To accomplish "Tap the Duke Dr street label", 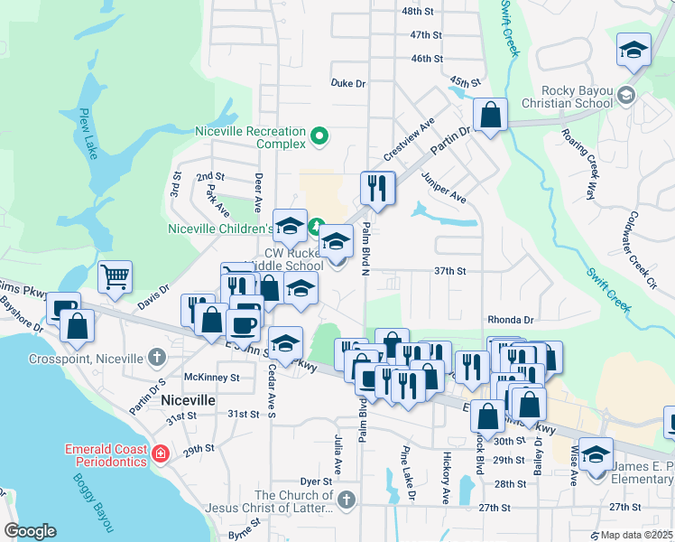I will tap(347, 83).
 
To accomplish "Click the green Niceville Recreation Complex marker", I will tap(318, 137).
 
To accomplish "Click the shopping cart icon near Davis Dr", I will tap(116, 276).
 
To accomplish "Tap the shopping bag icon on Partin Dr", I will tap(490, 115).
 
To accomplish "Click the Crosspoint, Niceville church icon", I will tap(159, 356).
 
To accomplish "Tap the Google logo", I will tap(30, 531).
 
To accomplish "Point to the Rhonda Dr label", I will tap(511, 320).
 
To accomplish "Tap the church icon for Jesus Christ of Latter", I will tap(347, 500).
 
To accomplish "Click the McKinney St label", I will tap(211, 377).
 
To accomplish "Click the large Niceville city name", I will tap(188, 399).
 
